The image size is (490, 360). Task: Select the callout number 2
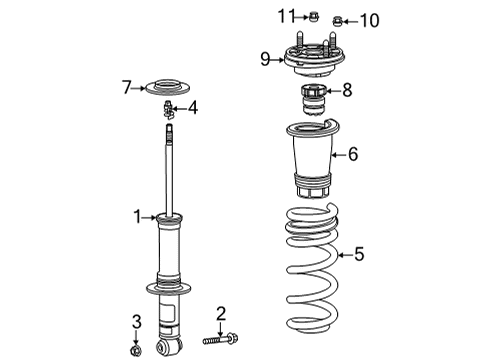pos(222,313)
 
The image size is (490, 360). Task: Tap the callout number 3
pos(136,322)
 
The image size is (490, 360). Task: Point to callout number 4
pos(193,106)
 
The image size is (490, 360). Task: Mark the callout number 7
pos(127,88)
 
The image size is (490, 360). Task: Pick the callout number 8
pos(347,91)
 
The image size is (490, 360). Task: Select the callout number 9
pos(266,58)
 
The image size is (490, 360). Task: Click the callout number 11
pos(287,15)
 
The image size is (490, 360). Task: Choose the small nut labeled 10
pos(337,20)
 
